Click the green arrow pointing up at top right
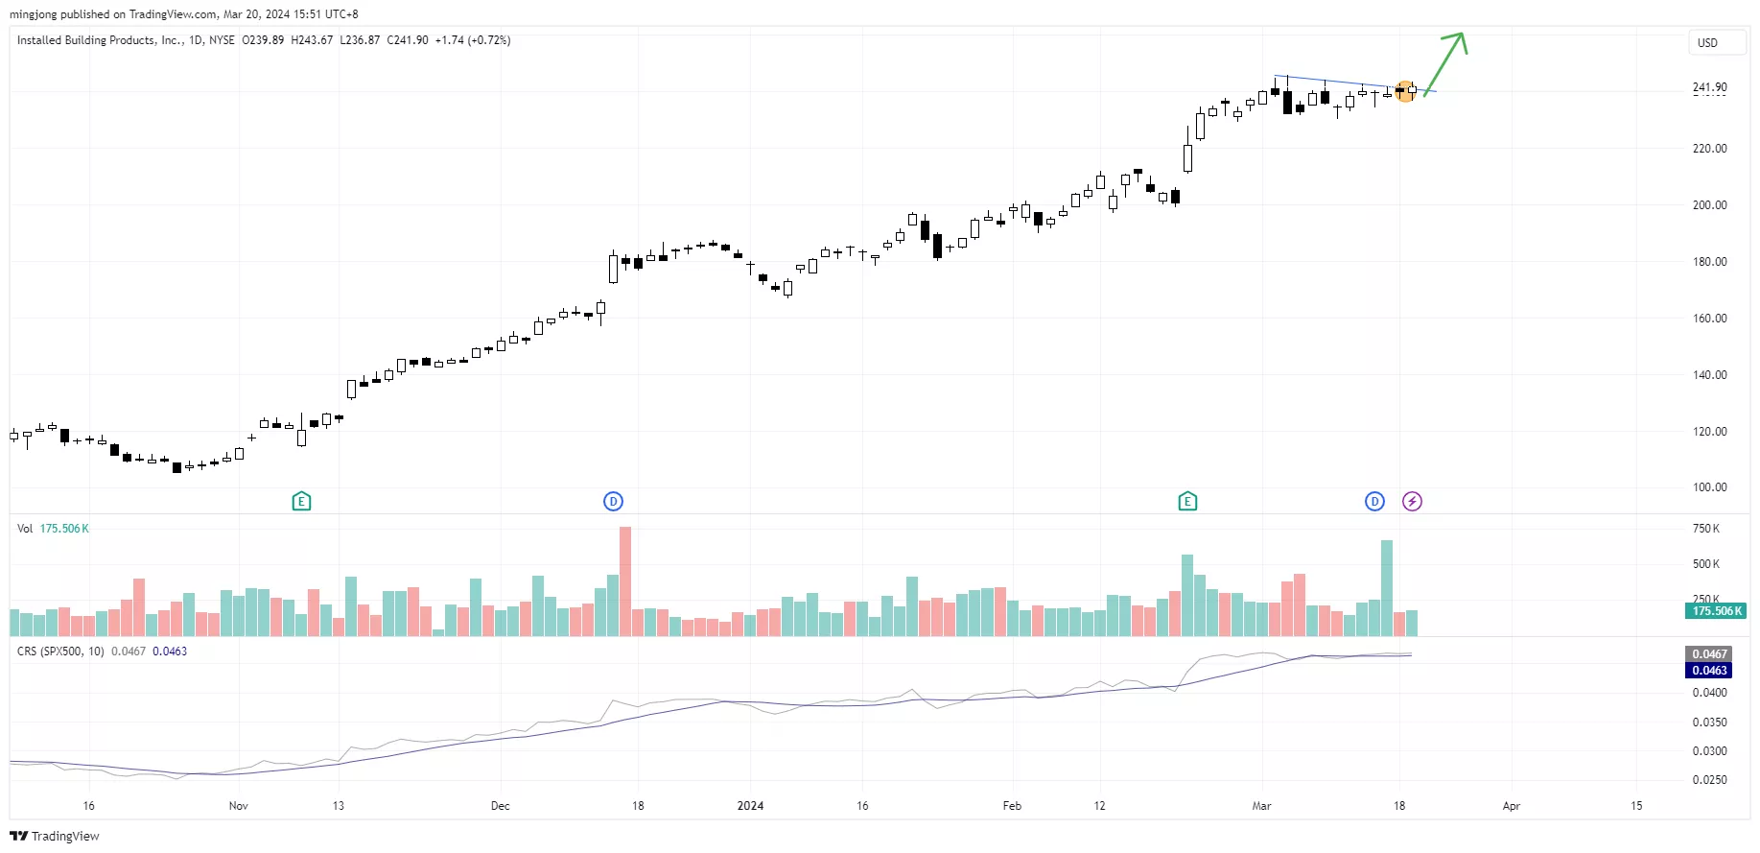[x=1446, y=61]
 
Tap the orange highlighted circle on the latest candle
[x=1405, y=91]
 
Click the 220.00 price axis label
[x=1709, y=149]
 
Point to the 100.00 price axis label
[x=1709, y=487]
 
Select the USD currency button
[x=1707, y=43]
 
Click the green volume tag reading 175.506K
[x=1717, y=611]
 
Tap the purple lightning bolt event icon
[x=1412, y=501]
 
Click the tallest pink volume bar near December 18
[x=625, y=581]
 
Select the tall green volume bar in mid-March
[x=1387, y=587]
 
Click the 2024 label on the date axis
[x=750, y=806]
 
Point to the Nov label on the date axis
[x=239, y=806]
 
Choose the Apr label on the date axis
[x=1512, y=806]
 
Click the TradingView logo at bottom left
[x=55, y=836]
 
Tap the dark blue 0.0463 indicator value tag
[x=1709, y=671]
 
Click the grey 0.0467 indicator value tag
[x=1709, y=654]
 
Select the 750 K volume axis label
[x=1705, y=529]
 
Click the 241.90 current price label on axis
[x=1709, y=87]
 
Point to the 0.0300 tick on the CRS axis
[x=1709, y=751]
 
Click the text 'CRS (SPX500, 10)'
[x=60, y=652]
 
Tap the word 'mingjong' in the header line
[x=33, y=14]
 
